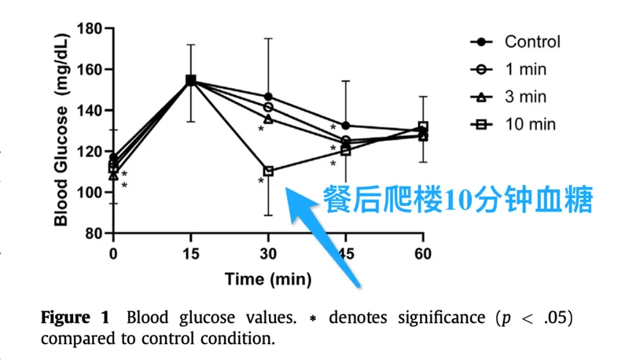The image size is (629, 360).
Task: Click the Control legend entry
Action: click(516, 42)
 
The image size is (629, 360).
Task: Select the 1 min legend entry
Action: click(509, 69)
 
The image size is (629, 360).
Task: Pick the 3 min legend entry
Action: click(509, 97)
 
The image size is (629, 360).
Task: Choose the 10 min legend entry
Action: click(513, 124)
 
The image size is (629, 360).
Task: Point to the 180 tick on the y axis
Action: click(89, 29)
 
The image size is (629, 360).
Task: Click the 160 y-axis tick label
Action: click(89, 70)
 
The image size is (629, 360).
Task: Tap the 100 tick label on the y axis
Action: click(89, 193)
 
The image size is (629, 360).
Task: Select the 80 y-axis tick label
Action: click(94, 233)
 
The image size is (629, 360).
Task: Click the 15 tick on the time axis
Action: click(191, 254)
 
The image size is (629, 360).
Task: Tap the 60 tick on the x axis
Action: click(423, 254)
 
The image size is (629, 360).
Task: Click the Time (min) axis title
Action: click(268, 279)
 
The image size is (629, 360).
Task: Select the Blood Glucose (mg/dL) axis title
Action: click(61, 130)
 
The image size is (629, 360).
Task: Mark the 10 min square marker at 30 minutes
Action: click(268, 171)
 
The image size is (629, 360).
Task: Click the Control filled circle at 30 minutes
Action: click(268, 97)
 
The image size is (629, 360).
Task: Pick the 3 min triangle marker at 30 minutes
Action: click(268, 119)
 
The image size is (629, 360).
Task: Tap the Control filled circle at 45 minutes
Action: click(346, 126)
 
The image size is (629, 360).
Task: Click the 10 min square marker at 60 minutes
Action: click(423, 127)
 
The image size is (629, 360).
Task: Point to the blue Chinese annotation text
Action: click(458, 199)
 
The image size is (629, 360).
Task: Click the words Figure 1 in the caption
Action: click(75, 318)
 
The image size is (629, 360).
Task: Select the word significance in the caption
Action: click(441, 318)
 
